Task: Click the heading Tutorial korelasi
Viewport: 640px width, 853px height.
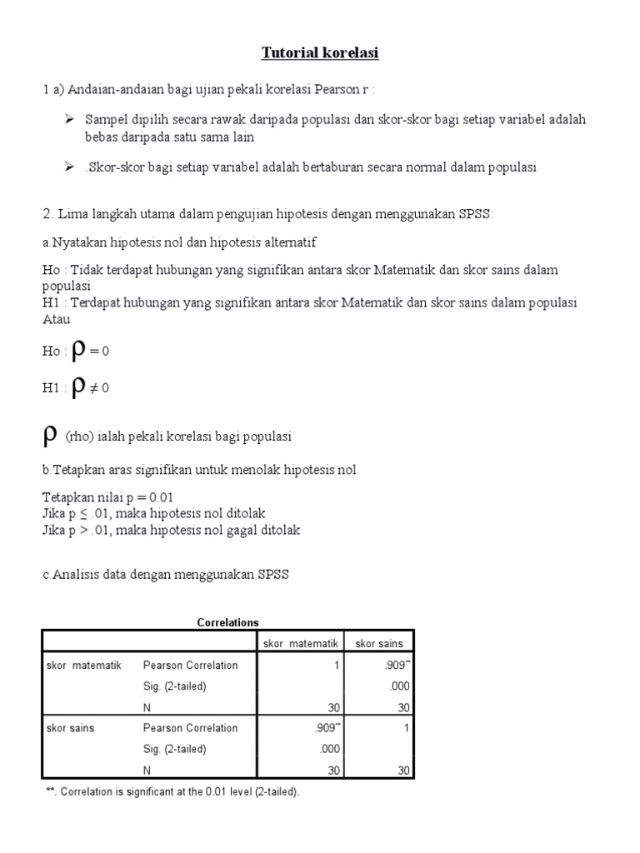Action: coord(320,53)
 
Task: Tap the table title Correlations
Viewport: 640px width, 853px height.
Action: coord(227,622)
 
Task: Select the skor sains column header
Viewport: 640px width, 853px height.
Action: coord(378,643)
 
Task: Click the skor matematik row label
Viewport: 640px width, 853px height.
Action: coord(84,665)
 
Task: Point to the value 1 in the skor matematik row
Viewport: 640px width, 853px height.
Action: coord(335,665)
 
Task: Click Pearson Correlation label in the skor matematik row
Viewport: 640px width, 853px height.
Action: coord(190,665)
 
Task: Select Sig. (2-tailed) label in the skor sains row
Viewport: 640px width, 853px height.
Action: coord(174,748)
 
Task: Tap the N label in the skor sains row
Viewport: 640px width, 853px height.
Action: coord(147,770)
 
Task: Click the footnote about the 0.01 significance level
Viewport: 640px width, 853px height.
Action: coord(172,791)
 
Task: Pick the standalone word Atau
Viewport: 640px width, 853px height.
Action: coord(56,319)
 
